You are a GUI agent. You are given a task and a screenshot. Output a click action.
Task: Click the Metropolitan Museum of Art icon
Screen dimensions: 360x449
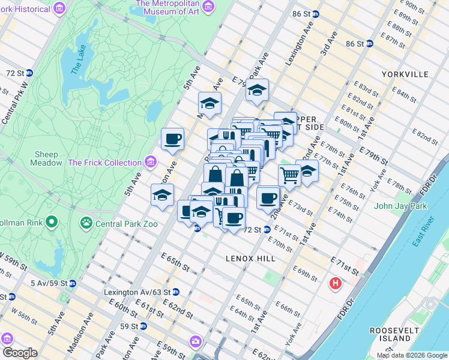pos(208,7)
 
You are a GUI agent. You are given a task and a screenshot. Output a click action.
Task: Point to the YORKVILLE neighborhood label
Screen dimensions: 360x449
pos(405,74)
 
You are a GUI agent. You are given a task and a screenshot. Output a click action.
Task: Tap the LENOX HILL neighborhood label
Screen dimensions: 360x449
pos(250,258)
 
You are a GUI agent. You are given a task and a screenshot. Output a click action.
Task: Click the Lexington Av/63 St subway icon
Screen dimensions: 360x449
pos(176,292)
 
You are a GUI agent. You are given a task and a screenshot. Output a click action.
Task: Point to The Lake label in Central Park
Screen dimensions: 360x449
pos(78,62)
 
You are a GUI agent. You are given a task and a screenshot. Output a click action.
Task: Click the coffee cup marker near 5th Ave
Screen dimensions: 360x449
pos(172,140)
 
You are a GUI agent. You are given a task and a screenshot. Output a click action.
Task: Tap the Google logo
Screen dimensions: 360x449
pos(20,353)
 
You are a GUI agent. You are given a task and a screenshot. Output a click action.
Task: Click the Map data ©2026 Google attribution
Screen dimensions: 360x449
pos(411,355)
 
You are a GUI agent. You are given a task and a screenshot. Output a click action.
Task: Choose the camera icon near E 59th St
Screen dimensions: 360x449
pos(195,341)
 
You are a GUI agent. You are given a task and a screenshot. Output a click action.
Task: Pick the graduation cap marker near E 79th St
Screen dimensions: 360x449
pos(257,91)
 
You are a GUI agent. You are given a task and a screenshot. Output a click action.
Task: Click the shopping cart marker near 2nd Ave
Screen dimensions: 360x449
pos(289,175)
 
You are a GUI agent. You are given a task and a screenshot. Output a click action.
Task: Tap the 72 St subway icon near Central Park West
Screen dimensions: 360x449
pos(29,73)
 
